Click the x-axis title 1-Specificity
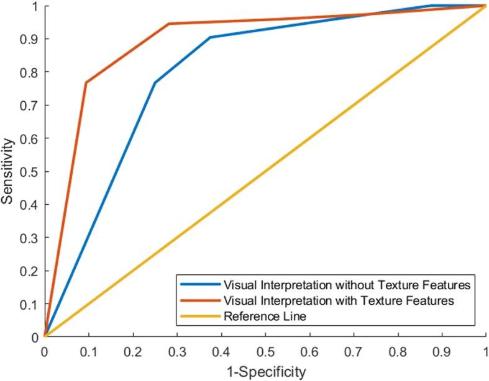[265, 372]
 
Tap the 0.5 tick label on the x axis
[265, 351]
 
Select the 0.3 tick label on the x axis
[177, 351]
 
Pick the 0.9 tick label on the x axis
[442, 351]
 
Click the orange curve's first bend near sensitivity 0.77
[86, 83]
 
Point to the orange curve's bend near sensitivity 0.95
[168, 24]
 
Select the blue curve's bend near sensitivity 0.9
[210, 37]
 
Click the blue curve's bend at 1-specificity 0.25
[155, 83]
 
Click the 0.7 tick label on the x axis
[354, 351]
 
